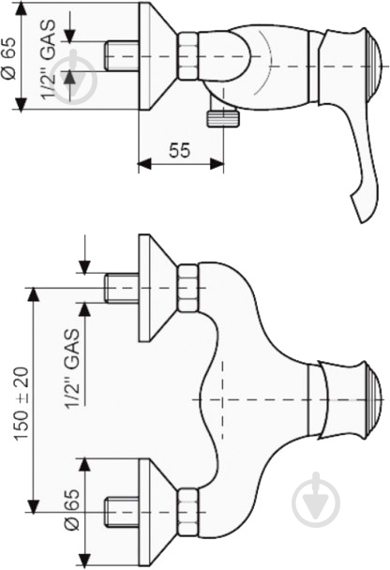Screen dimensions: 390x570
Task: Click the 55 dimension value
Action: pyautogui.click(x=180, y=150)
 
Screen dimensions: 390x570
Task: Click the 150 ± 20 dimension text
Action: pyautogui.click(x=22, y=403)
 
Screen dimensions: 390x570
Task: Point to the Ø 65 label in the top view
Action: pyautogui.click(x=8, y=57)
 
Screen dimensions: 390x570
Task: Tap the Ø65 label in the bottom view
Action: pyautogui.click(x=71, y=509)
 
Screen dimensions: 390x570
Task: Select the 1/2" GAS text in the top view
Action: pyautogui.click(x=49, y=59)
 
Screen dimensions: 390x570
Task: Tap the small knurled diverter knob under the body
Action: pyautogui.click(x=223, y=119)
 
